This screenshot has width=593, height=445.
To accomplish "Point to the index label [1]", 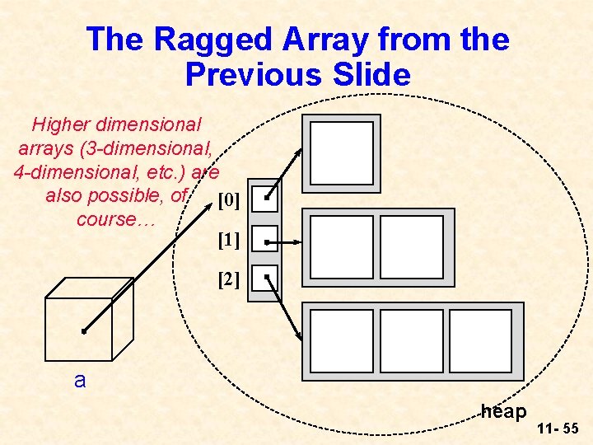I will click(x=229, y=241).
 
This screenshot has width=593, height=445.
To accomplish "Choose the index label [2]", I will click(x=229, y=280).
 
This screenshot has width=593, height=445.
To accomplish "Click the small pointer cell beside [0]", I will click(x=264, y=199).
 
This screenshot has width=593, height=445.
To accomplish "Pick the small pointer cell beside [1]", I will click(x=264, y=240).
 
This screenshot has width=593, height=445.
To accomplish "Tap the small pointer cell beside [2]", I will click(x=264, y=280).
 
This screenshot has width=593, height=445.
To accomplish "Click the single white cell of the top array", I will click(x=342, y=153).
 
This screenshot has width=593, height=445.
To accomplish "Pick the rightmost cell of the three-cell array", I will click(x=480, y=341).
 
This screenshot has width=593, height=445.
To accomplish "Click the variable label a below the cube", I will click(x=80, y=381).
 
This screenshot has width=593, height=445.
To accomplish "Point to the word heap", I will click(x=503, y=410).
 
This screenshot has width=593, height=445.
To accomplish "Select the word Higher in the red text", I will click(x=61, y=125).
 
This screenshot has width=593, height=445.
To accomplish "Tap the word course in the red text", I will click(x=107, y=220).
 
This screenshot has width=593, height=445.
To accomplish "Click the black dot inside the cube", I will click(x=84, y=332).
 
